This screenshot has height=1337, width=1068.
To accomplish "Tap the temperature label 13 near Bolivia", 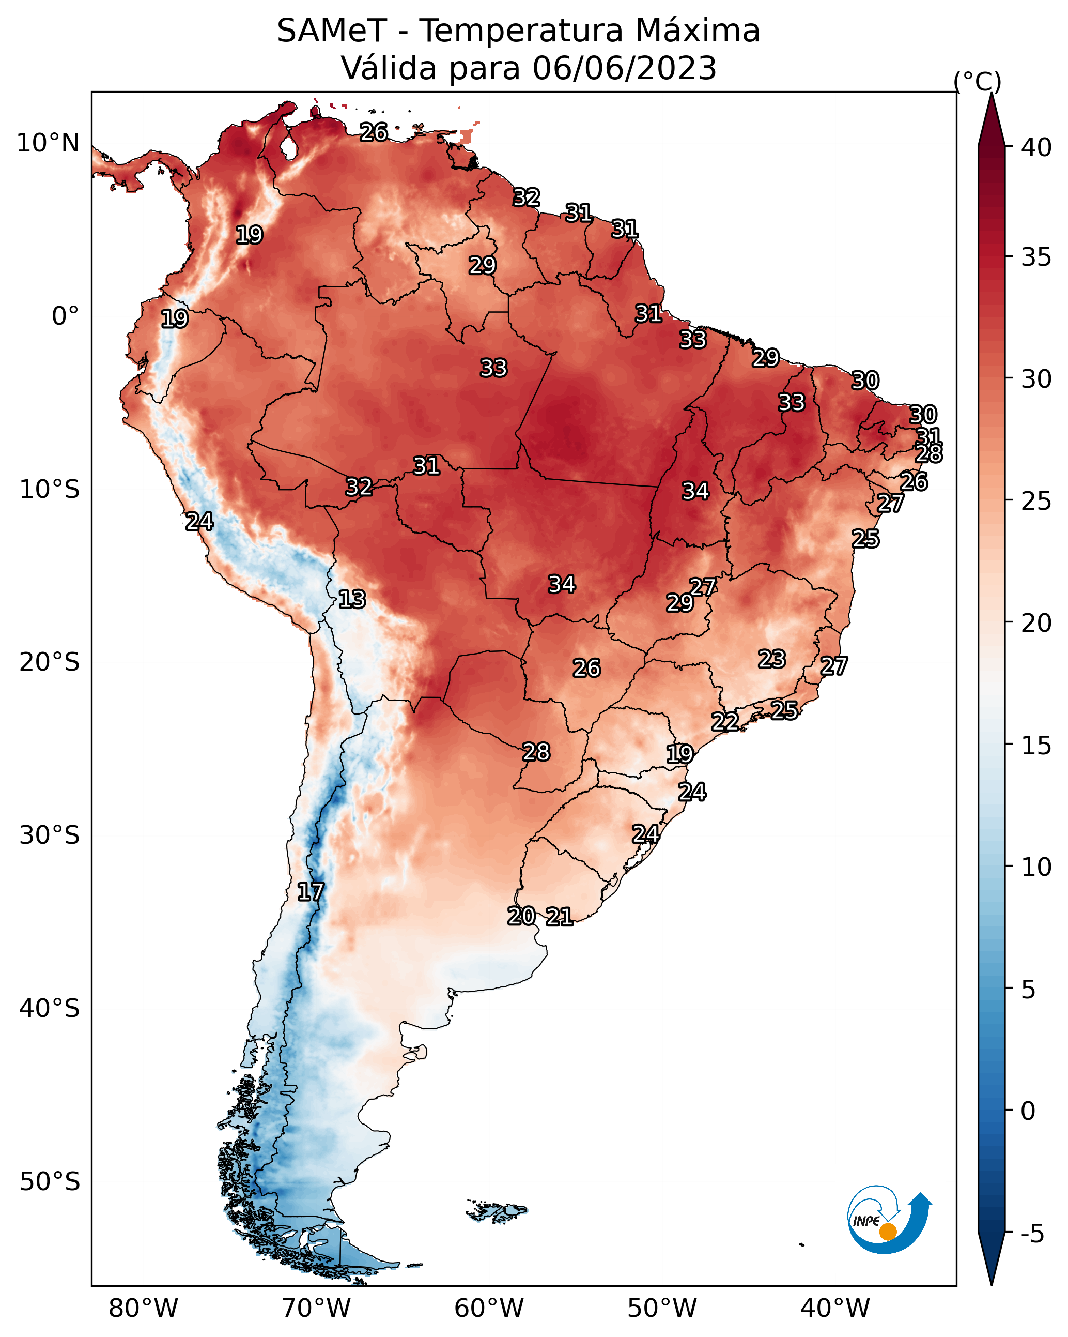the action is (352, 599).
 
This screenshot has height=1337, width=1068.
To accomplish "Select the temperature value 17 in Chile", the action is (311, 892).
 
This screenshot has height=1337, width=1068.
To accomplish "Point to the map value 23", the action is (772, 659).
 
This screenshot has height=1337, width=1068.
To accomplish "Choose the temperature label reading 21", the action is (559, 917).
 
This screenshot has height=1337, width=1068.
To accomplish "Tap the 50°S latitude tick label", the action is (50, 1182).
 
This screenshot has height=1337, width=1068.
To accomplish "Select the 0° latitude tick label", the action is (66, 316).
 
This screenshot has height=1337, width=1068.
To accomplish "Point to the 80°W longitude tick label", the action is (143, 1309).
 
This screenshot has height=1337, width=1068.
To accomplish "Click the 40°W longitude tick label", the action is (835, 1309).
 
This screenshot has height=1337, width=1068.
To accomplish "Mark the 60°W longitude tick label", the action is (489, 1309).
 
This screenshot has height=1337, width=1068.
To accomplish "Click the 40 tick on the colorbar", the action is (1036, 147).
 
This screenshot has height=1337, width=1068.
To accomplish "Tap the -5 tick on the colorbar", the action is (1033, 1234).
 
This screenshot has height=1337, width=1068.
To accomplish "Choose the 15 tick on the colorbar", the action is (1036, 746).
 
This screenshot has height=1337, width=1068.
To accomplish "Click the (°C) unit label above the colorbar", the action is (978, 81).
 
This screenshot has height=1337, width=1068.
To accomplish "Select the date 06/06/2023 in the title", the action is (624, 68).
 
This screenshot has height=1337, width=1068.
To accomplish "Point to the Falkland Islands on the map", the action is (497, 1210).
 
